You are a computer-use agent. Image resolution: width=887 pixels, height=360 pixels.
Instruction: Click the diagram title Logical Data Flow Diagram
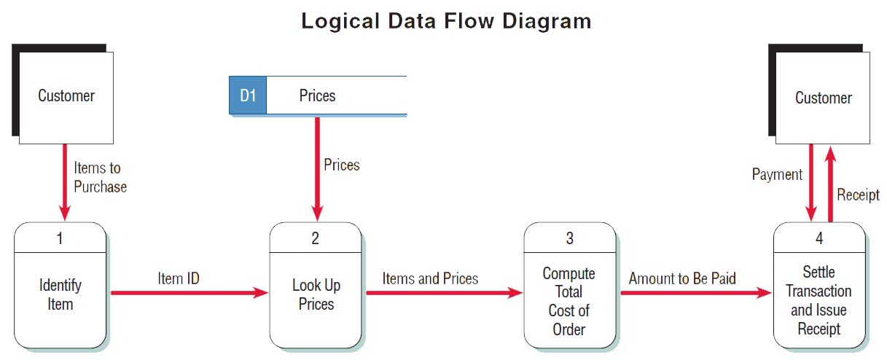(x=446, y=21)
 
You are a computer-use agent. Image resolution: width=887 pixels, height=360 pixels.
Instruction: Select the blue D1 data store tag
(x=248, y=95)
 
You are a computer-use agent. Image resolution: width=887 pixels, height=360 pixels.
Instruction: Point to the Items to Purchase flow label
(x=100, y=177)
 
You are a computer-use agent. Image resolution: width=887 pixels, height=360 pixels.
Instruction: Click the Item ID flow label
(x=179, y=278)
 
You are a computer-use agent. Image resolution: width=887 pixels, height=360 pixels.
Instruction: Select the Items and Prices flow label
(x=430, y=278)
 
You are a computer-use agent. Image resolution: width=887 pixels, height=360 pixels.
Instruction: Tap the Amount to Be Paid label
(x=682, y=278)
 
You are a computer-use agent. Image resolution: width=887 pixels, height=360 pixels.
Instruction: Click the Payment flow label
(x=777, y=175)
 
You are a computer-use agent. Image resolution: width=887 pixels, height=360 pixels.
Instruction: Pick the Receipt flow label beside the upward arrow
(x=858, y=195)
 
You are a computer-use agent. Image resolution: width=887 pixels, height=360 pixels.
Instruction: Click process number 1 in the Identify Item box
(x=60, y=238)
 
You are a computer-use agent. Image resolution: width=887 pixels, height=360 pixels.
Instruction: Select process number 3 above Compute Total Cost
(x=569, y=238)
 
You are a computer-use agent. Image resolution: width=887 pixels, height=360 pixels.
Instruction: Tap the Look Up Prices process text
(x=316, y=294)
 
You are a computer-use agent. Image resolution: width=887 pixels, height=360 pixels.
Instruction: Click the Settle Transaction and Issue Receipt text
(x=818, y=300)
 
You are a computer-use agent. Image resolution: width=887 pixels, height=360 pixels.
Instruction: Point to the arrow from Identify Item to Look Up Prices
(x=189, y=293)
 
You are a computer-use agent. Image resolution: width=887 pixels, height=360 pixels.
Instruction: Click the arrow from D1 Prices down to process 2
(x=317, y=169)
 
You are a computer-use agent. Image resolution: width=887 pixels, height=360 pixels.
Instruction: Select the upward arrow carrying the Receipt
(x=830, y=184)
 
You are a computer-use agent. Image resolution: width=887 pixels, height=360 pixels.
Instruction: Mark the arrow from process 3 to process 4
(x=696, y=293)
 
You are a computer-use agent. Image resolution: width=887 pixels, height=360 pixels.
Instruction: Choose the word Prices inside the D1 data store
(x=317, y=95)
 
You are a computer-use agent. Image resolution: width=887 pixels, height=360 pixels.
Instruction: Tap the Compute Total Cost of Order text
(x=568, y=302)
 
